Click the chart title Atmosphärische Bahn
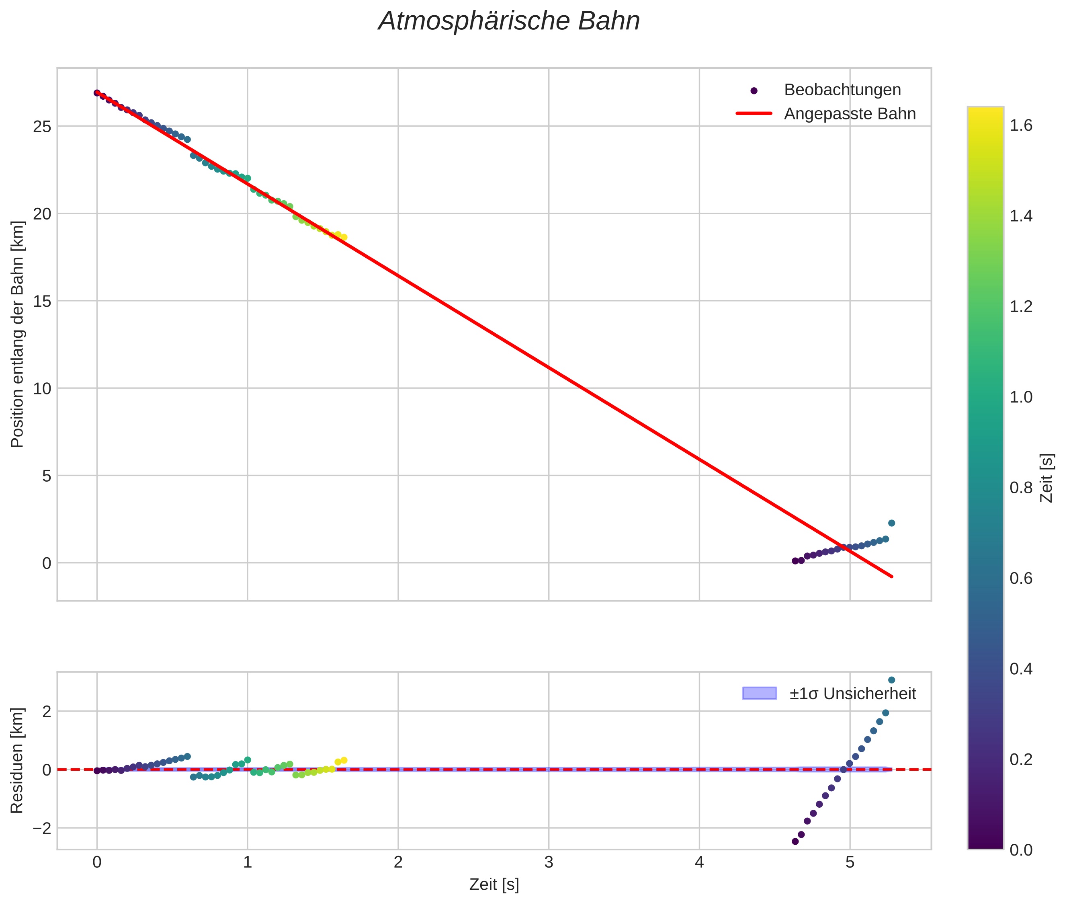(x=509, y=21)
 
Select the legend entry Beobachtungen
(x=842, y=90)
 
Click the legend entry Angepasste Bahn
(x=850, y=114)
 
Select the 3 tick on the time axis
(x=549, y=862)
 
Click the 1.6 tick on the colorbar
(x=1020, y=126)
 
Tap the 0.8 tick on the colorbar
(x=1020, y=488)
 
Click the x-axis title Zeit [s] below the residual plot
(x=494, y=885)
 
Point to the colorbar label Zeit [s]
(x=1047, y=478)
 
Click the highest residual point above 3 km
(x=891, y=680)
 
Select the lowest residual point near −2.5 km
(x=795, y=841)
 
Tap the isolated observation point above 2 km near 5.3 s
(x=891, y=523)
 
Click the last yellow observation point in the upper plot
(x=344, y=238)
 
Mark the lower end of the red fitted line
(x=892, y=577)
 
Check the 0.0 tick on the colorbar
(x=1020, y=850)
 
